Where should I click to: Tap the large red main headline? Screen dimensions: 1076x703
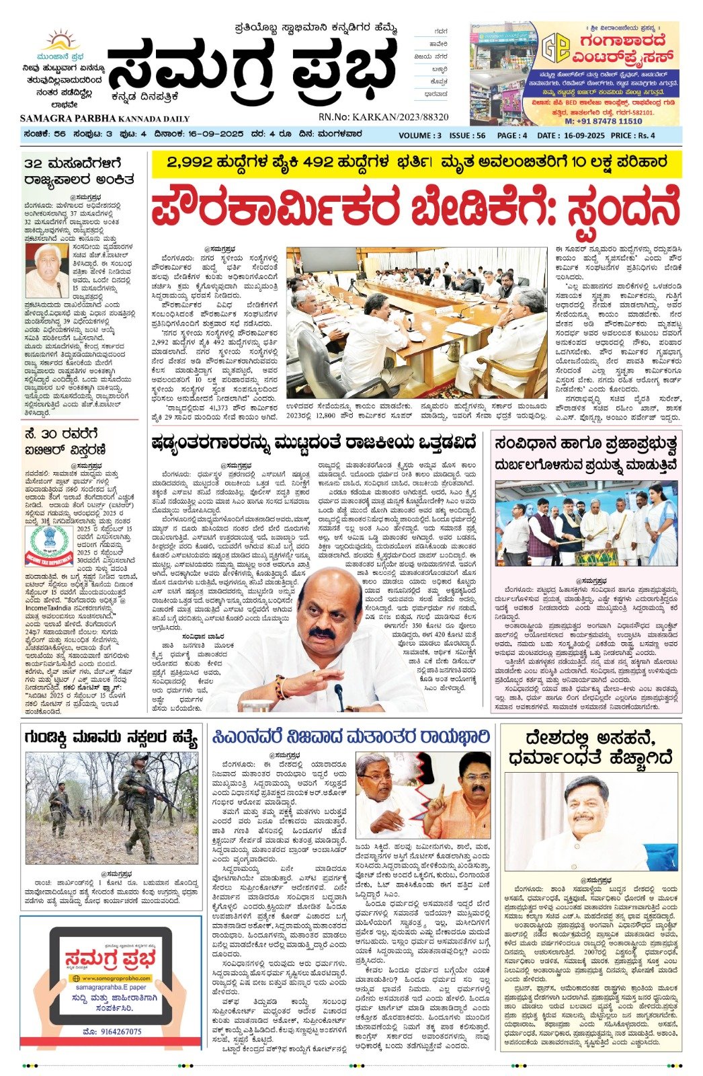click(415, 210)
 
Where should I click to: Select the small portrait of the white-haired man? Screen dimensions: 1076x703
click(46, 270)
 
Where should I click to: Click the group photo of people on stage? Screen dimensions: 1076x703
click(586, 523)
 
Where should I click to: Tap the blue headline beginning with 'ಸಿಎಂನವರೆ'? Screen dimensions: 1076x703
click(351, 737)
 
